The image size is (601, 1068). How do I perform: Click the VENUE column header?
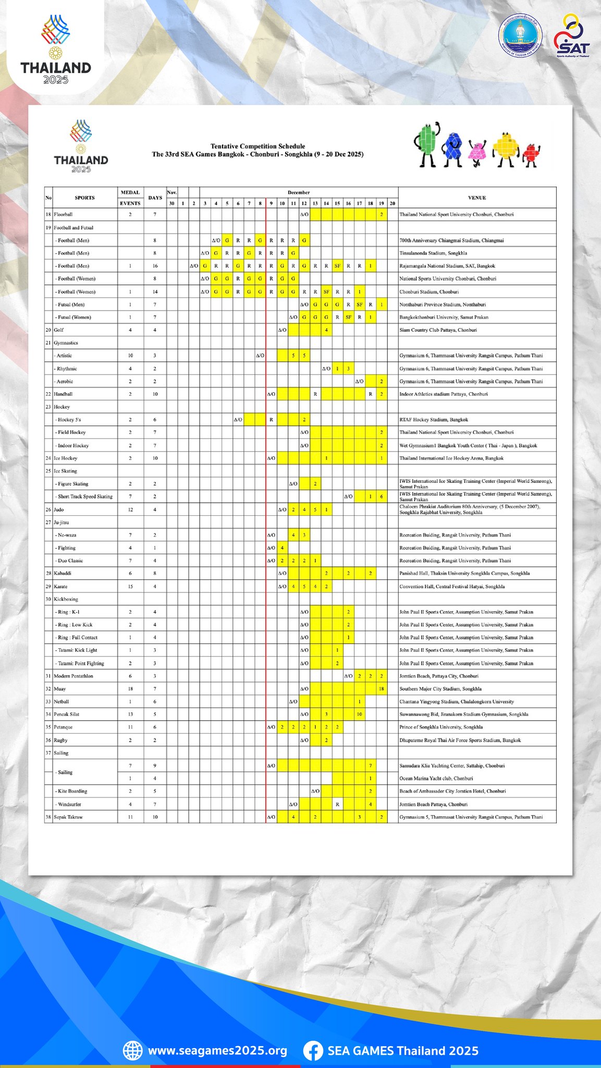pyautogui.click(x=477, y=198)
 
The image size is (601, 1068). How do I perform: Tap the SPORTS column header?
pyautogui.click(x=84, y=198)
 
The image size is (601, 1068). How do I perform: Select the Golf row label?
pyautogui.click(x=59, y=330)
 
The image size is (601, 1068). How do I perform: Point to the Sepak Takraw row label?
pyautogui.click(x=68, y=817)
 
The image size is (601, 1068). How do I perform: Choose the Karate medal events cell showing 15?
pyautogui.click(x=130, y=587)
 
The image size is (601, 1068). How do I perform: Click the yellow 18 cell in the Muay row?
pyautogui.click(x=382, y=689)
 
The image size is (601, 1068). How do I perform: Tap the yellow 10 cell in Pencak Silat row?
pyautogui.click(x=360, y=714)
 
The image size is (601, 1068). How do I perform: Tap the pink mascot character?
pyautogui.click(x=476, y=152)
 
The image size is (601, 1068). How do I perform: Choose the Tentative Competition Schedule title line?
pyautogui.click(x=257, y=146)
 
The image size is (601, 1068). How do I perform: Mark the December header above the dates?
pyautogui.click(x=299, y=192)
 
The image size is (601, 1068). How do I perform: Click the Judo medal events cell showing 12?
pyautogui.click(x=130, y=509)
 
